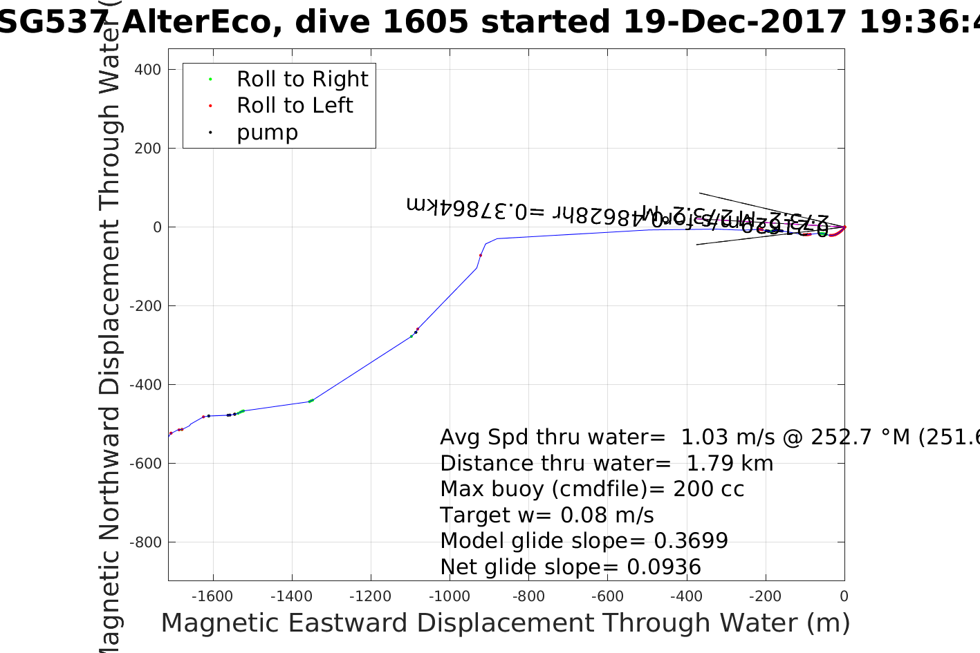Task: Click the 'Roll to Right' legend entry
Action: point(302,79)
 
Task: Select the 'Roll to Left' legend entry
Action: point(295,106)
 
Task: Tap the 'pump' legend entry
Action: point(267,133)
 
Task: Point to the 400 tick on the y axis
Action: point(147,70)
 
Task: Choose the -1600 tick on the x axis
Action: point(212,596)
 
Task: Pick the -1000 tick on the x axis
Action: point(450,596)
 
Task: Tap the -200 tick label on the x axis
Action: point(766,596)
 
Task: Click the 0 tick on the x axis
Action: point(844,596)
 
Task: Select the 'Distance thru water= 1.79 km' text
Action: point(607,464)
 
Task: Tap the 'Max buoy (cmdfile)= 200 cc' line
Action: point(592,489)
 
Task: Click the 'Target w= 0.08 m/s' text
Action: point(546,515)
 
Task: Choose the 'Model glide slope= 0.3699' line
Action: point(584,541)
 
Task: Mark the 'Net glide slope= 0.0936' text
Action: point(571,567)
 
